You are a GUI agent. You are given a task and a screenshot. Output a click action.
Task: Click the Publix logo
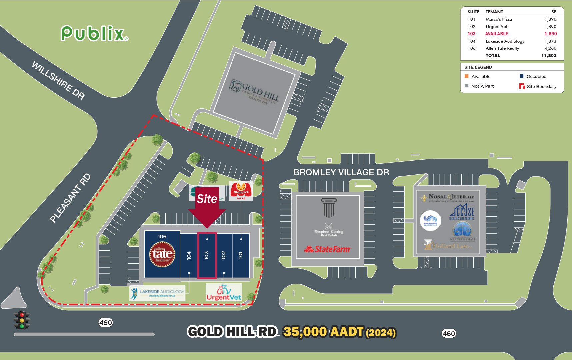pyautogui.click(x=94, y=33)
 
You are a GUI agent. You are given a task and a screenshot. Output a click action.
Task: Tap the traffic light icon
pyautogui.click(x=22, y=320)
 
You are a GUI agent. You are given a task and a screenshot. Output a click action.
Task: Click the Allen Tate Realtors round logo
pyautogui.click(x=162, y=254)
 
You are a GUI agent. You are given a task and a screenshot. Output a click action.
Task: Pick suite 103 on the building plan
pyautogui.click(x=207, y=255)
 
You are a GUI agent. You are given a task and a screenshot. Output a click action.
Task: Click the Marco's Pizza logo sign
pyautogui.click(x=241, y=191)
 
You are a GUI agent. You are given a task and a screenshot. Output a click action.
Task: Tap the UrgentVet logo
pyautogui.click(x=224, y=293)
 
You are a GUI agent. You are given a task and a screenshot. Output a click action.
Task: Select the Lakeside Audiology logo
pyautogui.click(x=157, y=293)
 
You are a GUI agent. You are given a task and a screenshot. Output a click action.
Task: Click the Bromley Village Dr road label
pyautogui.click(x=341, y=172)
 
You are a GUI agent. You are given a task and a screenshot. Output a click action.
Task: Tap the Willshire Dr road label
pyautogui.click(x=58, y=80)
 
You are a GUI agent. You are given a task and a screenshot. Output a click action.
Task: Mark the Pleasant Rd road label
pyautogui.click(x=70, y=198)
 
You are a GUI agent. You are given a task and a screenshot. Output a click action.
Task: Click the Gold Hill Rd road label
pyautogui.click(x=232, y=332)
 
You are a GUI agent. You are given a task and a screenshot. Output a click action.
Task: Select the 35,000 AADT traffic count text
pyautogui.click(x=339, y=332)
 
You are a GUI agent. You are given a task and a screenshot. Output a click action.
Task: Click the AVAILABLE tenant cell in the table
pyautogui.click(x=496, y=34)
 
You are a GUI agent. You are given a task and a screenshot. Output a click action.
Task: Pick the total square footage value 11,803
pyautogui.click(x=549, y=56)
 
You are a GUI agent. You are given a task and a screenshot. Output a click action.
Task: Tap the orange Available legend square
pyautogui.click(x=467, y=76)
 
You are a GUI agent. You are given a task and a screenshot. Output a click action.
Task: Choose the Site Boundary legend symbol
pyautogui.click(x=522, y=86)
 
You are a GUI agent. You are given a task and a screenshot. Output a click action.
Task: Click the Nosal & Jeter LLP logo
pyautogui.click(x=448, y=198)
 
